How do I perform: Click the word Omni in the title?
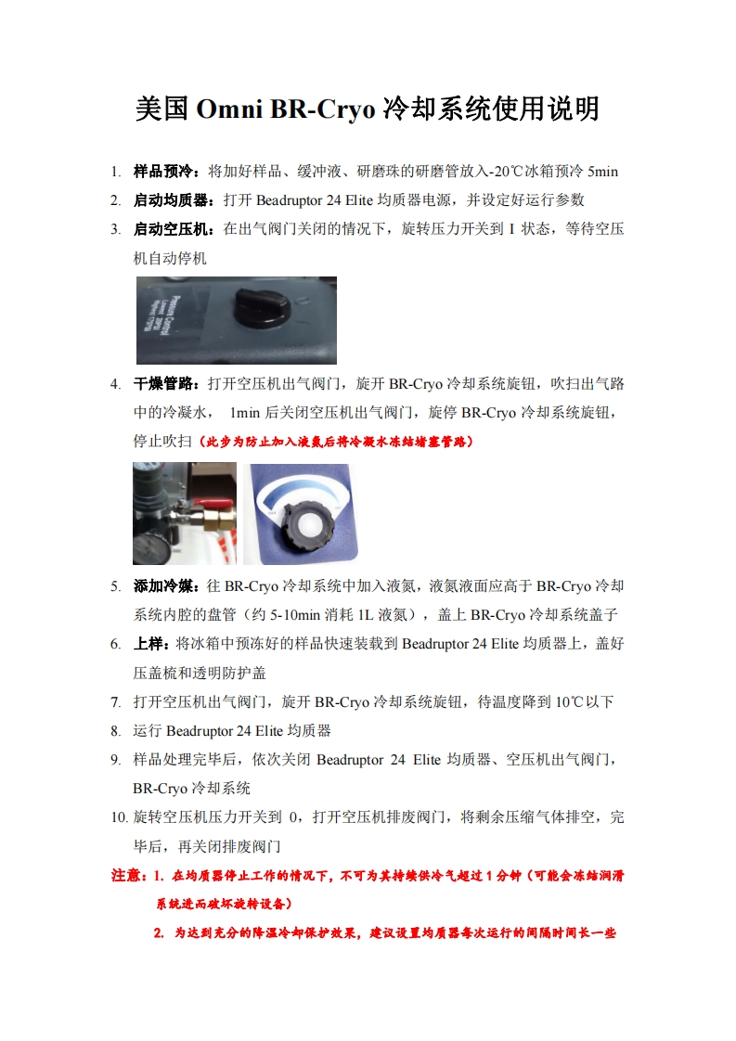click(229, 109)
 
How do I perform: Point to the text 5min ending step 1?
click(602, 172)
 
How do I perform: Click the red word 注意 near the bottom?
click(127, 876)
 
